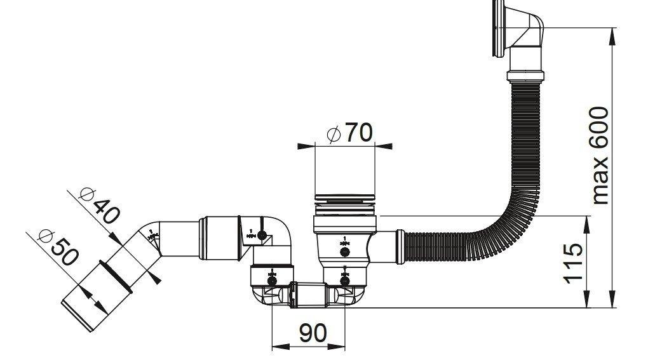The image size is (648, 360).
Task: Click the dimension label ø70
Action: coord(349,133)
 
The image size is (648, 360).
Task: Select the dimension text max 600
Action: coord(600,156)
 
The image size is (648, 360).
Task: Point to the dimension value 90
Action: coord(312,333)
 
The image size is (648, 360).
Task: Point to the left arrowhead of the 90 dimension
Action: coord(277,346)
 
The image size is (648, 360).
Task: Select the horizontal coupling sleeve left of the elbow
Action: coord(219,238)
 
